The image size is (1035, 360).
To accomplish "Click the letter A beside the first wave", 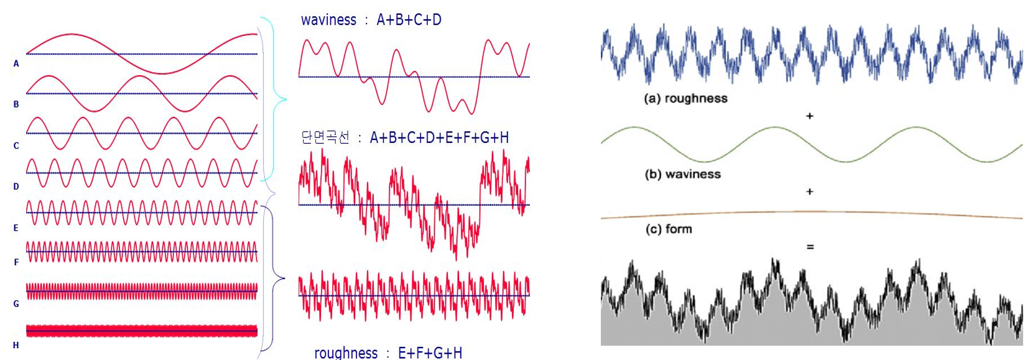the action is click(x=16, y=64).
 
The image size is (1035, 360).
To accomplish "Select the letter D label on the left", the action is click(x=16, y=187).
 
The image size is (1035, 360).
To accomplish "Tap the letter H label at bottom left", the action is click(x=16, y=345).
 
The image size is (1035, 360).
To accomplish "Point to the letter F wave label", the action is click(x=16, y=262).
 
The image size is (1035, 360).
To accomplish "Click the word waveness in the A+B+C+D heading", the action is click(x=328, y=20).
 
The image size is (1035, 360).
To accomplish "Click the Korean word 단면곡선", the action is click(x=325, y=137).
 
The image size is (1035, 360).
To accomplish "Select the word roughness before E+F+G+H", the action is click(x=346, y=353).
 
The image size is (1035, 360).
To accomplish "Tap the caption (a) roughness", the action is click(x=685, y=98).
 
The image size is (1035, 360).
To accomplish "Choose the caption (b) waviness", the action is click(x=682, y=174).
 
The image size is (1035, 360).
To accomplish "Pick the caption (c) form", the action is click(x=669, y=229).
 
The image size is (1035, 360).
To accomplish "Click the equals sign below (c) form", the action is click(x=810, y=247).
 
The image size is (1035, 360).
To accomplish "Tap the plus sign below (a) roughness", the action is click(x=809, y=116).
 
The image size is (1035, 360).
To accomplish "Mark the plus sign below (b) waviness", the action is click(x=809, y=192).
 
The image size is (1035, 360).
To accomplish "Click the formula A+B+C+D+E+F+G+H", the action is click(x=439, y=137).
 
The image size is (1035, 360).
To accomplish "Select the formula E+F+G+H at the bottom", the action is click(x=430, y=353).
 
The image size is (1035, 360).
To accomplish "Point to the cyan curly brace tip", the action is click(x=286, y=99).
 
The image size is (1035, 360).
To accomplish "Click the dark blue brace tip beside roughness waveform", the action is click(x=284, y=278).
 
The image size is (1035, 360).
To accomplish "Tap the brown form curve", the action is click(x=812, y=212).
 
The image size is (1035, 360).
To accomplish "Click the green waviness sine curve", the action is click(x=812, y=144).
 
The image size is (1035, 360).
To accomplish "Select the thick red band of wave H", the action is click(x=142, y=331).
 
